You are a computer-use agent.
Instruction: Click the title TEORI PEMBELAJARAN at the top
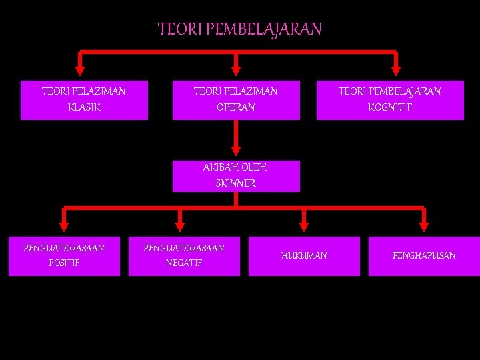240,29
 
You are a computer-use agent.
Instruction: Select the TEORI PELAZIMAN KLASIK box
84,100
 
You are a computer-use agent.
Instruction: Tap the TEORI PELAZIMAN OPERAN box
235,100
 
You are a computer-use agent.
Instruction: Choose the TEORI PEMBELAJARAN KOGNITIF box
390,100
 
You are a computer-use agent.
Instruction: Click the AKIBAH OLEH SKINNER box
236,175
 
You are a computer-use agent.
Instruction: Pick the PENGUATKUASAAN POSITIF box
64,256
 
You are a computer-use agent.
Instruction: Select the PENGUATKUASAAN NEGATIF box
184,256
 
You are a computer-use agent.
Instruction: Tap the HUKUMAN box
304,256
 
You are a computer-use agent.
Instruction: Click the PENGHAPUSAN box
424,256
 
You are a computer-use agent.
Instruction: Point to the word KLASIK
84,107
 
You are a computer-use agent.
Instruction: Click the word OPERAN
235,107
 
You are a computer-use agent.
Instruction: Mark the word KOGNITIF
390,107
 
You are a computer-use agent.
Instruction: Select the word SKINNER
235,183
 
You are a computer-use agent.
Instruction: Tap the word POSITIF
64,263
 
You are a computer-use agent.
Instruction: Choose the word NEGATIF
184,263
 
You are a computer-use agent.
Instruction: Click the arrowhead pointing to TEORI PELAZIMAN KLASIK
81,69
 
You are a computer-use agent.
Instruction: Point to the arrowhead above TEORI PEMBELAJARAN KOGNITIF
395,69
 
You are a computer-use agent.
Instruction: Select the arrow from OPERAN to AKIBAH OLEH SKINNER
235,140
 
